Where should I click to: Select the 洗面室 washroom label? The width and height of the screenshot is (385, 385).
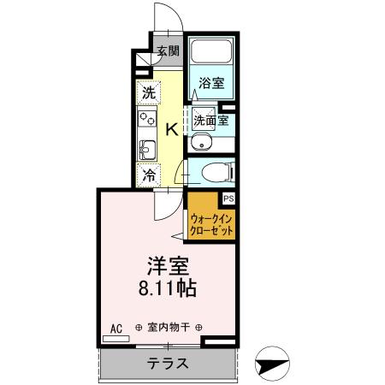pyautogui.click(x=210, y=120)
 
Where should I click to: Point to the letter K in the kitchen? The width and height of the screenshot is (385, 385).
pyautogui.click(x=171, y=129)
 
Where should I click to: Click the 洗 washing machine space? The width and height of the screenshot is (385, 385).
pyautogui.click(x=149, y=92)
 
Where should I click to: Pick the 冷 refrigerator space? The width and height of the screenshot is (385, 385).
pyautogui.click(x=149, y=175)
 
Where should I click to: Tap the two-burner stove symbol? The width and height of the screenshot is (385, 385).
pyautogui.click(x=145, y=119)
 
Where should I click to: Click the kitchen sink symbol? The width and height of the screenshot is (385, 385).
pyautogui.click(x=145, y=151)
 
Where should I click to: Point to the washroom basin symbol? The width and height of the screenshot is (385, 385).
pyautogui.click(x=202, y=142)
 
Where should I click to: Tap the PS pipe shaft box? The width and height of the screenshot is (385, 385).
pyautogui.click(x=228, y=198)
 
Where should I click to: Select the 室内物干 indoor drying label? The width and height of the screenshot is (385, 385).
pyautogui.click(x=168, y=327)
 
